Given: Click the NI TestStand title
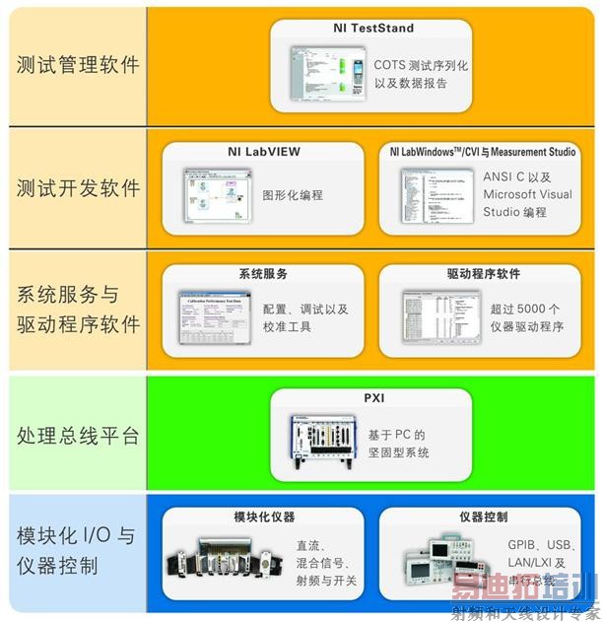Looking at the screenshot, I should coord(372,29).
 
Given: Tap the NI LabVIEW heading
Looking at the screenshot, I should coord(257,152).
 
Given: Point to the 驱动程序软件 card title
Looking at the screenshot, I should coord(483,273).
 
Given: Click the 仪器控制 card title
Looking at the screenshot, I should coord(483,518).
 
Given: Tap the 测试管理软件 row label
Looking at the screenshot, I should coord(78,65).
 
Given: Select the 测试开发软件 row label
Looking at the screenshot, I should coord(78,187).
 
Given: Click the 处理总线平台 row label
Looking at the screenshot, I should coord(78,435).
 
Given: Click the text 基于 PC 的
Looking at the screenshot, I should coord(395,434).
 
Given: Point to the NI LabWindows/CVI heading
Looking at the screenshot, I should coord(483,152).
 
